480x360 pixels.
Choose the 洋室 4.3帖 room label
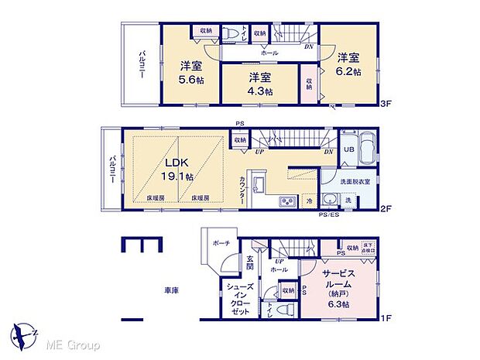click(260, 84)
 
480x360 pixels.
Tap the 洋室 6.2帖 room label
click(348, 63)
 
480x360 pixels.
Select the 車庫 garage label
click(171, 290)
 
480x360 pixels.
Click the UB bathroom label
click(349, 149)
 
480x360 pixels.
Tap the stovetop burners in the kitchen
click(288, 203)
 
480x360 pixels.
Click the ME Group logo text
click(74, 343)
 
